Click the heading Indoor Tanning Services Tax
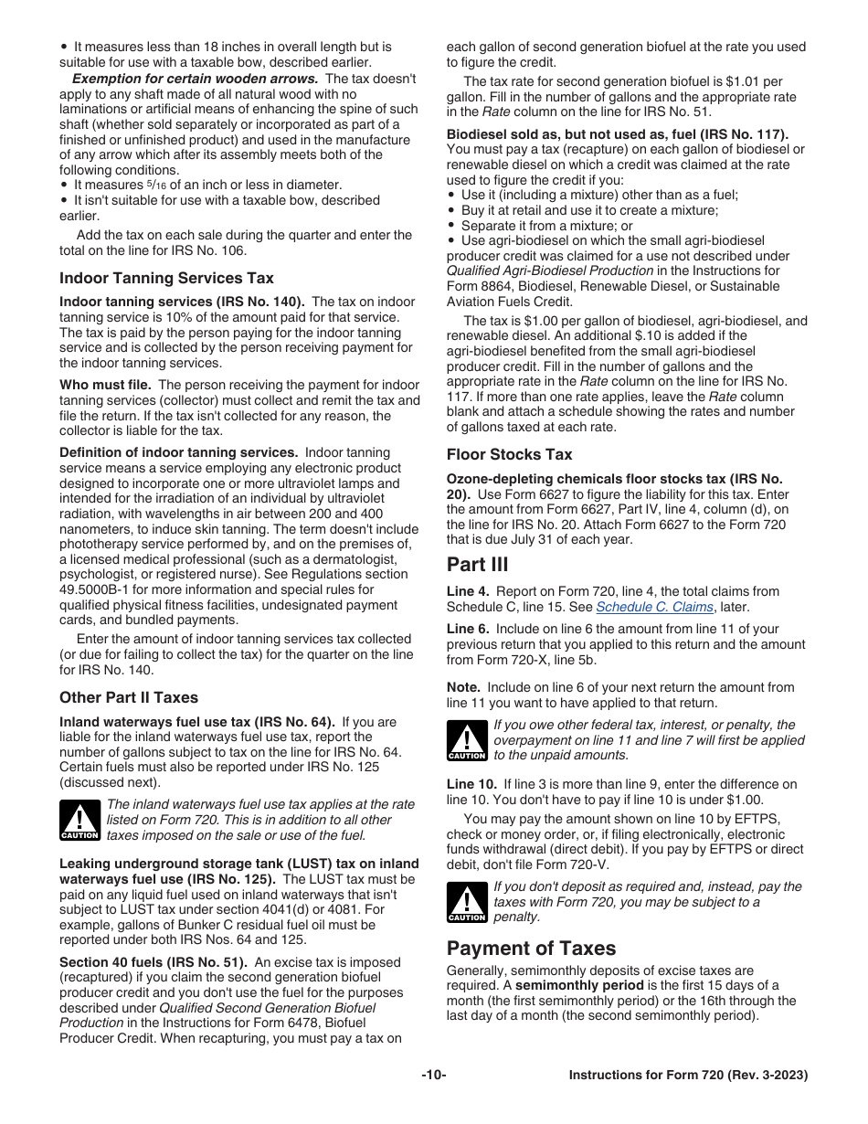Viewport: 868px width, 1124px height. point(166,278)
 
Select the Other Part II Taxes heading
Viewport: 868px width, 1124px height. point(129,697)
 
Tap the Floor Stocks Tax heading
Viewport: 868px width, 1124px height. point(509,454)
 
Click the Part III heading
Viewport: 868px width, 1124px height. point(477,564)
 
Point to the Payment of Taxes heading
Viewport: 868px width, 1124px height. point(531,948)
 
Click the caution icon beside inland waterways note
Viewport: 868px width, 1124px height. point(79,820)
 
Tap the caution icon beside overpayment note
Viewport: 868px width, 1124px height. point(466,740)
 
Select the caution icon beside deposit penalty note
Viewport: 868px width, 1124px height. point(466,902)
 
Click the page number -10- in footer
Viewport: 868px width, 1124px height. point(433,1076)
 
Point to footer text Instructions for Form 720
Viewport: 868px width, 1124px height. point(687,1076)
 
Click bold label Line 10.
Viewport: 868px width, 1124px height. point(471,784)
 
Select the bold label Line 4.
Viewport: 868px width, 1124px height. point(468,592)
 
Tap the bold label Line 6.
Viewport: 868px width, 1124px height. point(468,630)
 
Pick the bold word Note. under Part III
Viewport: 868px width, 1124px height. point(463,687)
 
